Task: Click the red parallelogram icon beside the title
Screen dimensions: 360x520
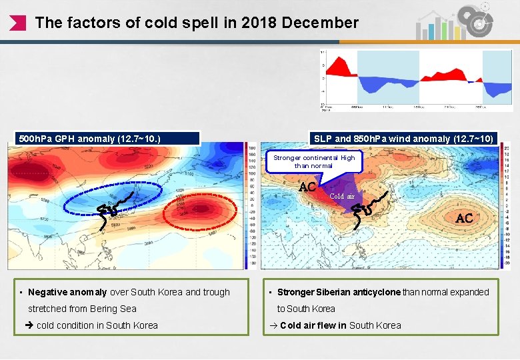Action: (x=19, y=23)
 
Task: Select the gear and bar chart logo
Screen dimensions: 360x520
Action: (x=459, y=21)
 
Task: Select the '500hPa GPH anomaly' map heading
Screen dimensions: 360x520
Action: (x=90, y=139)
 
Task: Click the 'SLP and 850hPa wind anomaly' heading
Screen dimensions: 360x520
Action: (x=403, y=139)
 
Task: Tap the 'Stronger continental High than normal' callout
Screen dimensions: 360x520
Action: (x=314, y=161)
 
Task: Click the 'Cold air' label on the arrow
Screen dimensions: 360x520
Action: (x=342, y=196)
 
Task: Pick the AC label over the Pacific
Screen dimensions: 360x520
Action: (x=464, y=218)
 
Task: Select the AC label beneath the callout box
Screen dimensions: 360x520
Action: (x=307, y=187)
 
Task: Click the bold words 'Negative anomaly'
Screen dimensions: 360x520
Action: (x=67, y=292)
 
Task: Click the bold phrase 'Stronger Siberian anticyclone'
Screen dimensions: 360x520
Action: (x=339, y=292)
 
